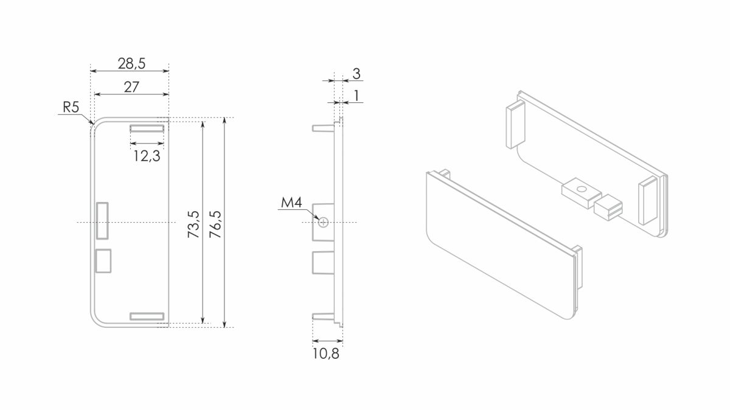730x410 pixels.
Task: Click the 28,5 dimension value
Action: pos(131,63)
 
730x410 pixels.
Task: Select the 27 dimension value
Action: pos(131,87)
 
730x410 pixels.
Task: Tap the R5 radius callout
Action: pos(71,107)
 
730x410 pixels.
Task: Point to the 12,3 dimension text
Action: pos(147,156)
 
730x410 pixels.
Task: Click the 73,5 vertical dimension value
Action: pos(193,224)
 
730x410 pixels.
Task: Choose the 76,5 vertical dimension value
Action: pos(215,224)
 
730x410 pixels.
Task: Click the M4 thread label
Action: pos(291,203)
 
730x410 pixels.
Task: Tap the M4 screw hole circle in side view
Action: pos(323,223)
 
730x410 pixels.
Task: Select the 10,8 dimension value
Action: pos(326,353)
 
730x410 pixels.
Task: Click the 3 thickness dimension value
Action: pos(356,74)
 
